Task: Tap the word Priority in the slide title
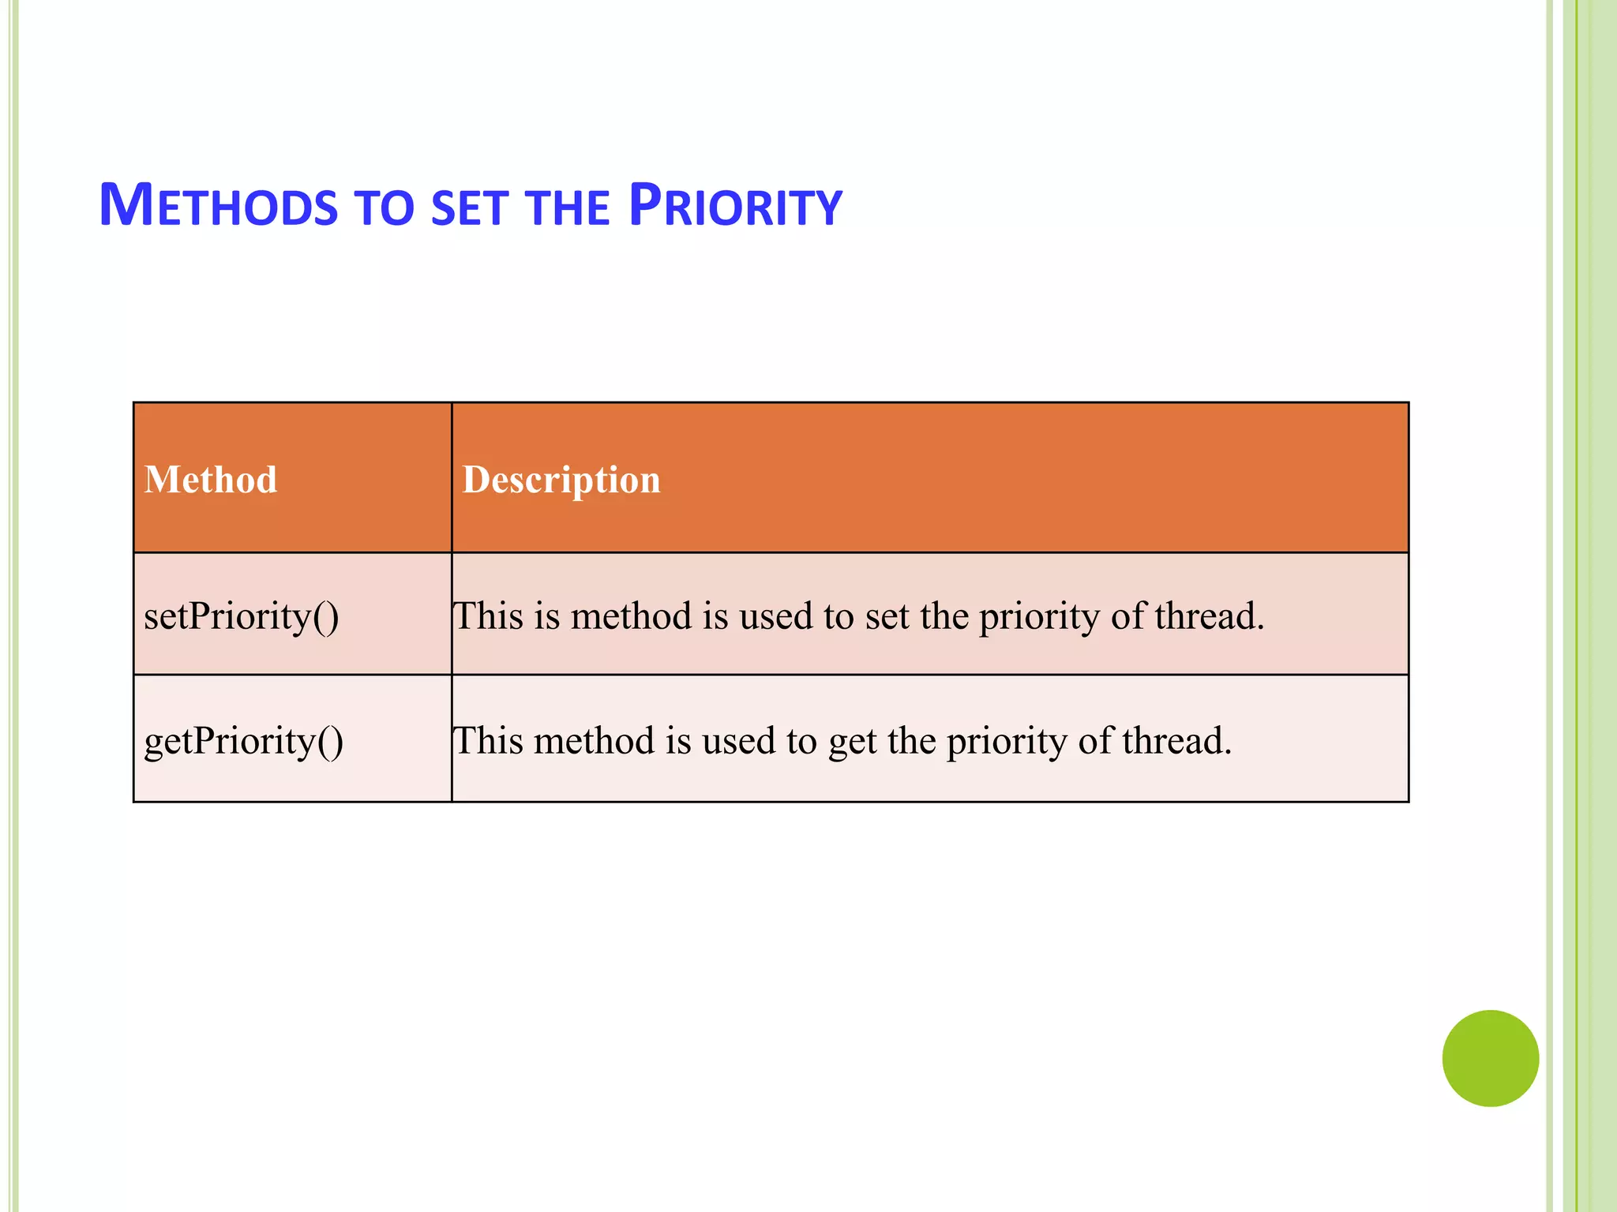point(735,206)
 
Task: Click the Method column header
point(211,480)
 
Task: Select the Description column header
point(561,480)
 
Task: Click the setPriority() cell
point(242,616)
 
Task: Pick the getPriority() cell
point(243,742)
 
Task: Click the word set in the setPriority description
point(887,616)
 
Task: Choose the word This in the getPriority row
point(488,742)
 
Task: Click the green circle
point(1490,1058)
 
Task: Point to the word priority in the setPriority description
point(1039,616)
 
